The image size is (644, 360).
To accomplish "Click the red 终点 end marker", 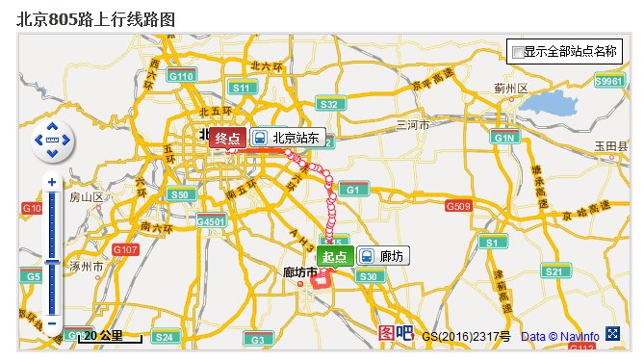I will [x=227, y=138].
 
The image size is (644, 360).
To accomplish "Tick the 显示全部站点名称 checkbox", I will [x=518, y=51].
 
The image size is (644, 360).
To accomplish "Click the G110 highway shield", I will [x=181, y=75].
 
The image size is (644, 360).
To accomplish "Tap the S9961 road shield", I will [x=609, y=82].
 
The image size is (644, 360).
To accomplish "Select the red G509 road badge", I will [x=458, y=206].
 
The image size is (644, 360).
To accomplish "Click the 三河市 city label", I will [x=411, y=125].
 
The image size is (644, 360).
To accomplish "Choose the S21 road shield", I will [x=554, y=272].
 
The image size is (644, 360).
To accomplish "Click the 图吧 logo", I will [x=396, y=333].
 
